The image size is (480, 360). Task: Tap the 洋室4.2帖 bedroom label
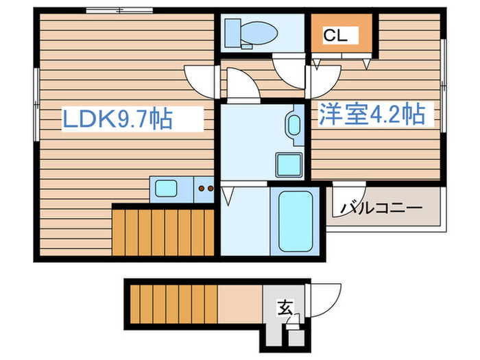(370, 114)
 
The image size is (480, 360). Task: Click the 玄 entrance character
(284, 309)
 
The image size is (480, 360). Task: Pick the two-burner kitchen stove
(204, 187)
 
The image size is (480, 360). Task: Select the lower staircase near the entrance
(171, 302)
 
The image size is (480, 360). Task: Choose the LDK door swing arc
(200, 79)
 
